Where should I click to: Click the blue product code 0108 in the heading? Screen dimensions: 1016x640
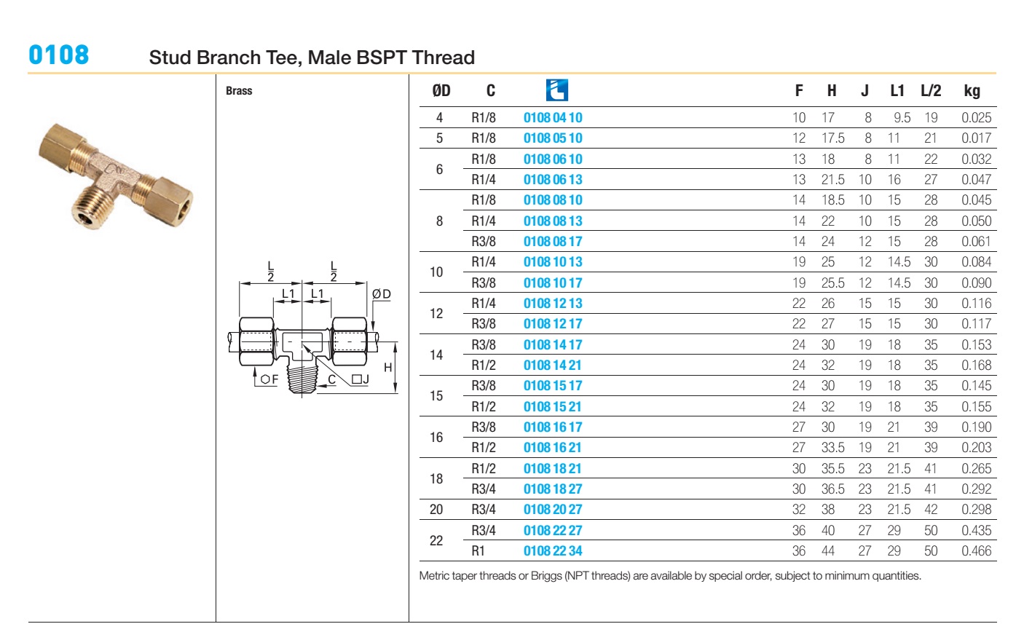(x=58, y=55)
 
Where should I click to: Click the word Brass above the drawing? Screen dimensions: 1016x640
(x=239, y=91)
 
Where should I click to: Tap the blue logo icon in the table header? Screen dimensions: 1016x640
(x=556, y=90)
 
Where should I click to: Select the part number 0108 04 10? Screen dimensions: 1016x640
(x=553, y=117)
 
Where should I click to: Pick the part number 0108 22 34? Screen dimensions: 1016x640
(x=553, y=550)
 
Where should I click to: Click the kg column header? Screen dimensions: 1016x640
(x=972, y=91)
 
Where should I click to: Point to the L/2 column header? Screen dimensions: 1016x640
(x=930, y=91)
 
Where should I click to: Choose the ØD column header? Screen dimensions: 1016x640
(x=441, y=91)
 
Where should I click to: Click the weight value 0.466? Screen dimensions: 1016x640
(x=976, y=550)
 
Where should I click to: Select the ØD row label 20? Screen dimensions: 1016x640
(x=436, y=510)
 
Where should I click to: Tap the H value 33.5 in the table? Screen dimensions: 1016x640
(x=832, y=448)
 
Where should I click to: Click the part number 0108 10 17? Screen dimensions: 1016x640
(x=553, y=283)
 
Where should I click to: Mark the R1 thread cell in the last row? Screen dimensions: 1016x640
(x=478, y=550)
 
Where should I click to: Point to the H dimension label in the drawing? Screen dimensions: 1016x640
(x=387, y=368)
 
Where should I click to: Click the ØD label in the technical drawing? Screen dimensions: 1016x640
(x=381, y=294)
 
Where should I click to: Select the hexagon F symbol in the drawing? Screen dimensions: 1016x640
(x=269, y=379)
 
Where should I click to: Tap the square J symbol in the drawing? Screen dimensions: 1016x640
(x=361, y=379)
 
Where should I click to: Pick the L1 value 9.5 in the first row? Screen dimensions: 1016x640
(x=902, y=117)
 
